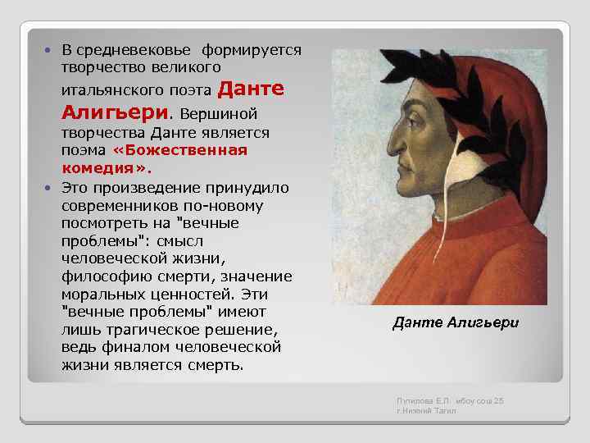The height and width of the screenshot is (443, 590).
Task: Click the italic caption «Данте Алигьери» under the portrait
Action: (456, 323)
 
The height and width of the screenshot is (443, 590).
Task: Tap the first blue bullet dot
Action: (51, 51)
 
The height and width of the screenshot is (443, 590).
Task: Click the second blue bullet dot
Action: (51, 188)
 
